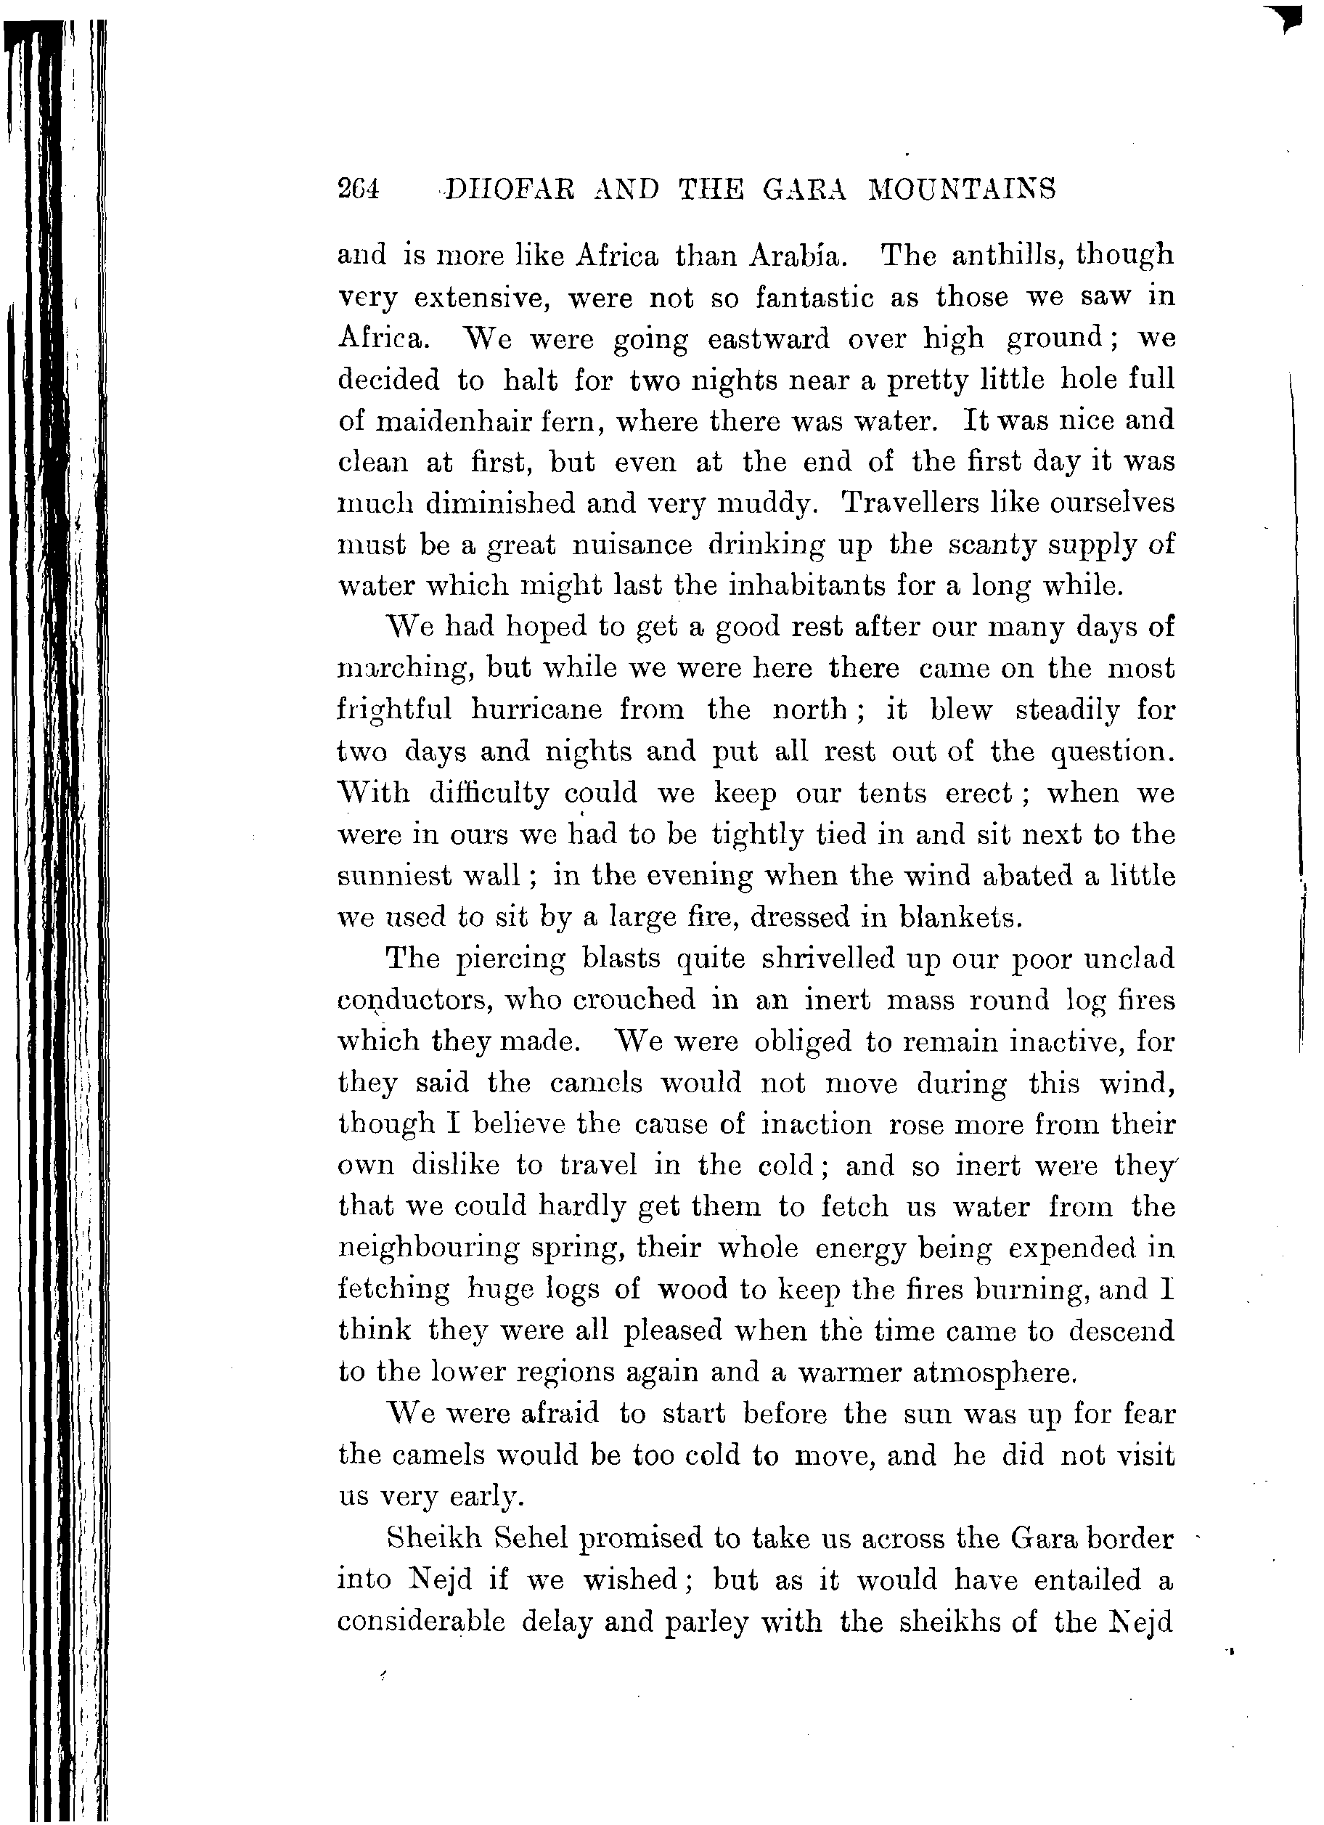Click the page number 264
click(358, 189)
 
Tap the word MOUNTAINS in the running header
click(961, 189)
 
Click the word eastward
click(767, 338)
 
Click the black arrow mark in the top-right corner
click(1288, 17)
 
